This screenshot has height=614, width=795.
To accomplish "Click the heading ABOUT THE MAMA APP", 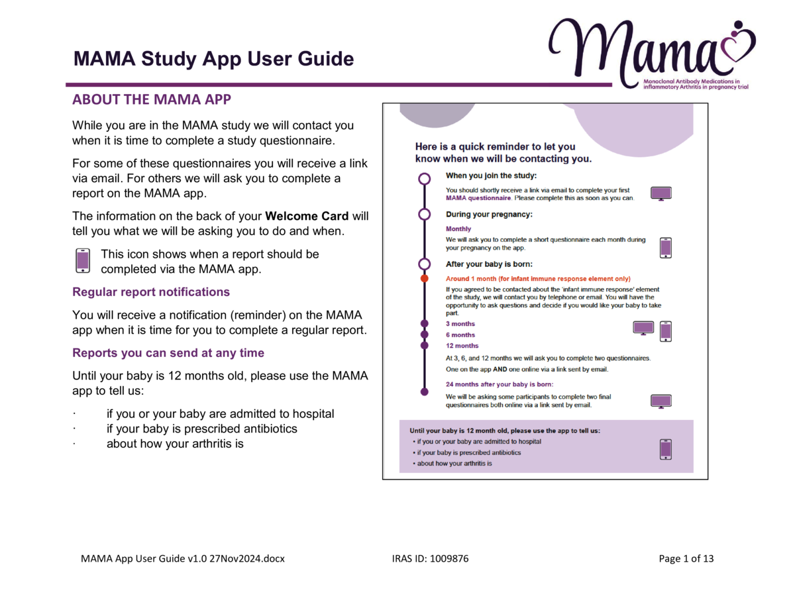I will coord(152,101).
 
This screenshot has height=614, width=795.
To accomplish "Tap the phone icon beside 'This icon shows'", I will coord(83,261).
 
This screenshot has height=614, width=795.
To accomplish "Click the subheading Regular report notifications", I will coord(151,291).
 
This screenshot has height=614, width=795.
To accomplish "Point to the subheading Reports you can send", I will coord(168,353).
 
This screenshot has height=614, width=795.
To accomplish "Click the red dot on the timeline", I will coord(425,279).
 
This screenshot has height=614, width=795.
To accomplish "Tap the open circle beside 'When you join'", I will coord(425,179).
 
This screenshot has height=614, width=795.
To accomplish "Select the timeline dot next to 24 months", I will coord(425,392).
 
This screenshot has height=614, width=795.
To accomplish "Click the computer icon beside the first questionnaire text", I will coord(661,193).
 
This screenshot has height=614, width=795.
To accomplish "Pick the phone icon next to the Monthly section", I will coord(666,247).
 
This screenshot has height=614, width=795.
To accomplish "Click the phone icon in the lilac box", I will coord(666,448).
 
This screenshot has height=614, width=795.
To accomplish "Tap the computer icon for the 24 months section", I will coord(661,401).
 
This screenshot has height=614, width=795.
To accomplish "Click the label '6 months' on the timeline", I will coord(460,335).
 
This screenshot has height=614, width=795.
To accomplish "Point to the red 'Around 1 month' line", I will coord(538,279).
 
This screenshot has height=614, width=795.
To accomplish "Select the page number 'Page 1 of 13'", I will coord(686,558).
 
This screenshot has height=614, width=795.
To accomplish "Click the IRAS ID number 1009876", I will coord(449,558).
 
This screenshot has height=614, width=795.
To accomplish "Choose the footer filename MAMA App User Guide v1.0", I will coord(182,558).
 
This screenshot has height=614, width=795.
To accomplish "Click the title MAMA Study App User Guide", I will coord(214,60).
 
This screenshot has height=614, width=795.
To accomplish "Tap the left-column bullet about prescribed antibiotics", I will coord(202,429).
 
